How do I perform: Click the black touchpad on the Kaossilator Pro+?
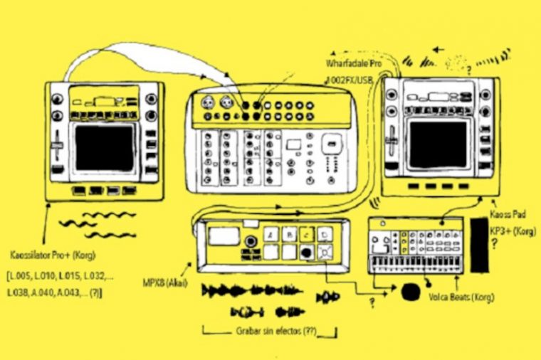(x=105, y=147)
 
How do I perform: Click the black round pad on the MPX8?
(x=306, y=251)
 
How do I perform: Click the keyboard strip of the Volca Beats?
(x=416, y=264)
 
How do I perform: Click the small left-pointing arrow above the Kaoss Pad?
(x=435, y=51)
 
